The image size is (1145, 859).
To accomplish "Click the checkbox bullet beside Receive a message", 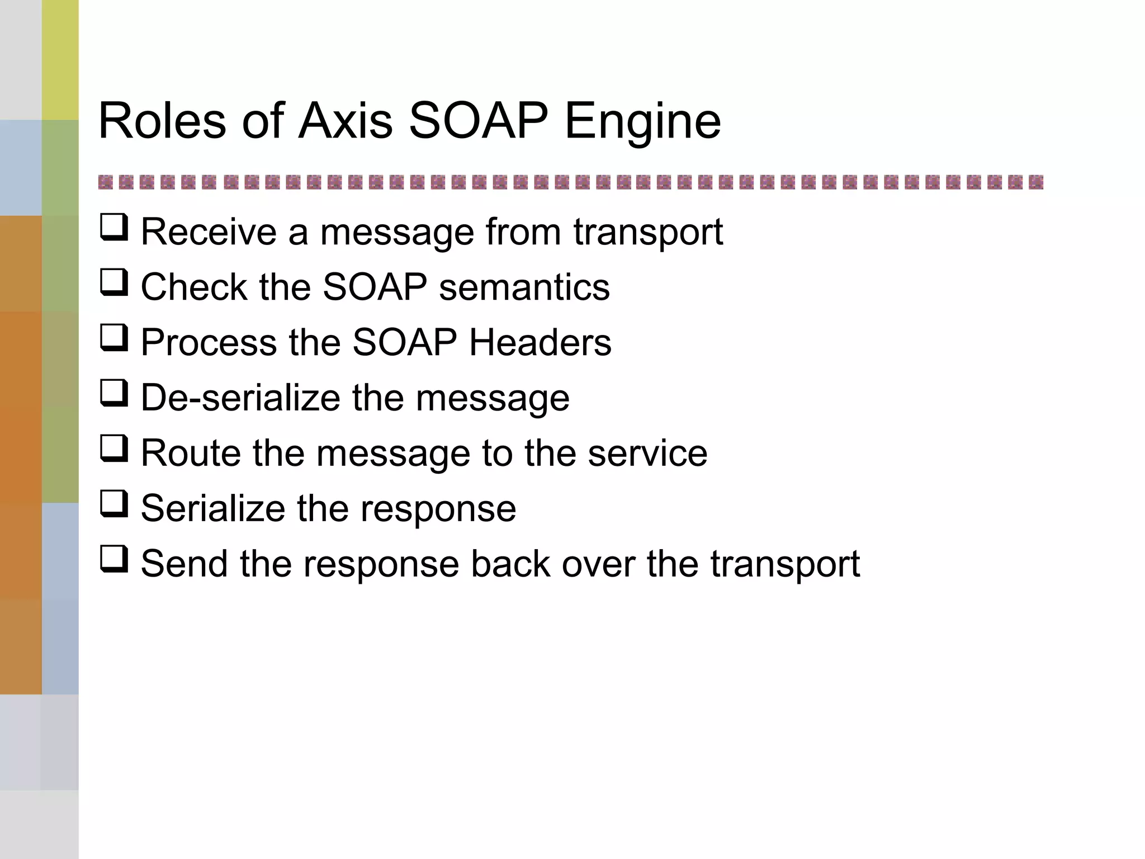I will click(x=114, y=228).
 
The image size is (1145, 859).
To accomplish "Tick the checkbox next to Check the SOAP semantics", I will click(x=114, y=282).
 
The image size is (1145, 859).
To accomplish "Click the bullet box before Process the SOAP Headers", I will click(x=114, y=338).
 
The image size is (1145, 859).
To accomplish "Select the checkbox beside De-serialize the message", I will click(x=114, y=393).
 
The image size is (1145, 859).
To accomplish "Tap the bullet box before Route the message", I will click(x=114, y=449).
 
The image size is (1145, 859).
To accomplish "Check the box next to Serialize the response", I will click(x=114, y=504).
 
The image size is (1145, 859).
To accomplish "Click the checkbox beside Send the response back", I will click(x=114, y=559).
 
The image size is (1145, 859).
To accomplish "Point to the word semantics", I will click(x=524, y=287).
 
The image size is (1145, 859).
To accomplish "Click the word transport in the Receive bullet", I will click(x=648, y=233).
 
